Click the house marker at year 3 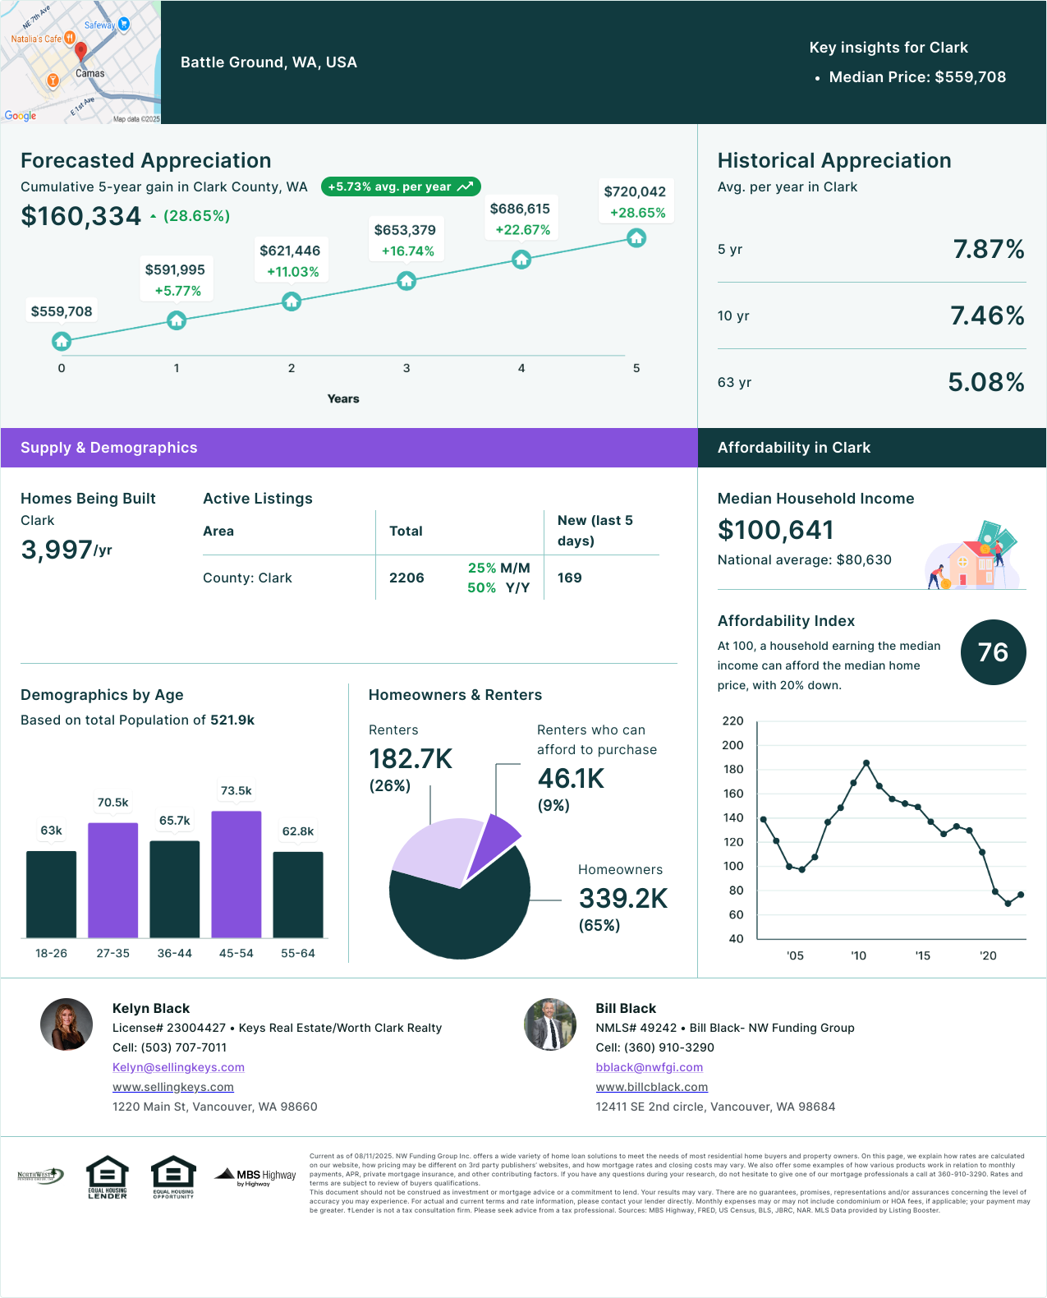pos(406,281)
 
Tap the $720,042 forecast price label pos(635,191)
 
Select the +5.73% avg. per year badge pos(401,186)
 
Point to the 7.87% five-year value pos(988,249)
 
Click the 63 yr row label pos(734,382)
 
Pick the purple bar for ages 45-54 pos(236,874)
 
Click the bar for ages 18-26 pos(52,894)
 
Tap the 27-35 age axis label pos(113,953)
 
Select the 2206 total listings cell pos(406,578)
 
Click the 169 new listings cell pos(569,578)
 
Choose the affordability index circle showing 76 pos(993,652)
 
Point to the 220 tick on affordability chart pos(732,720)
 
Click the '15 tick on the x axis pos(922,955)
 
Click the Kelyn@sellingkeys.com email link pos(178,1067)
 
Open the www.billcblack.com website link pos(651,1087)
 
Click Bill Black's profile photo pos(550,1024)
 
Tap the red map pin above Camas pos(80,51)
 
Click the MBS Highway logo pos(255,1176)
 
